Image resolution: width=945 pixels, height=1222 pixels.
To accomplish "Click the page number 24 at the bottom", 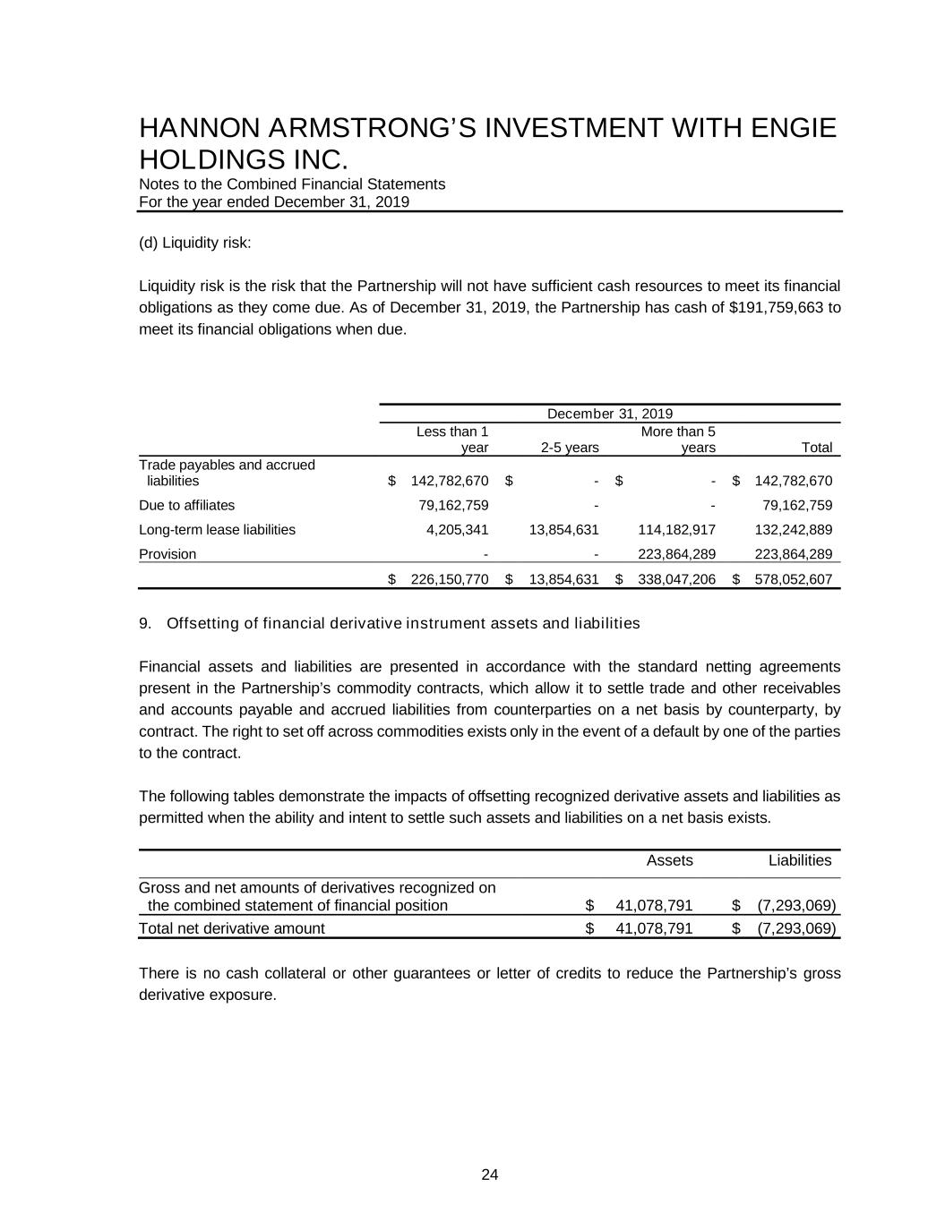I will [x=490, y=1175].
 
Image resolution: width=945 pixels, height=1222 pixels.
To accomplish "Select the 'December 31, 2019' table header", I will [x=609, y=414].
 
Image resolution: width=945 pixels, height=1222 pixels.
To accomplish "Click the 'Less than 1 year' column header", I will [x=452, y=440].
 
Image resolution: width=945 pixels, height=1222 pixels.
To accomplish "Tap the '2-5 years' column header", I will [x=570, y=448].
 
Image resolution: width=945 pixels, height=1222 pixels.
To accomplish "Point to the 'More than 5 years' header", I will [x=678, y=440].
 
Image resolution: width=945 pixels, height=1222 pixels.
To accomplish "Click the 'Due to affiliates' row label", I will [x=186, y=505].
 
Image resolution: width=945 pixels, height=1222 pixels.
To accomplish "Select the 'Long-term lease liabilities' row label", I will [x=217, y=530].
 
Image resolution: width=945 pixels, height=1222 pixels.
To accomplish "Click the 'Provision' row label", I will [x=168, y=554].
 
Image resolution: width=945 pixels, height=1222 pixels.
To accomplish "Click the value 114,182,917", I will [x=676, y=530].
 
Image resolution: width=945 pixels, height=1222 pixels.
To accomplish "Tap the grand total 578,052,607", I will [x=794, y=579].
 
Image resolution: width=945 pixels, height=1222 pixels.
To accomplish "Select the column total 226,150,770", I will [x=449, y=579].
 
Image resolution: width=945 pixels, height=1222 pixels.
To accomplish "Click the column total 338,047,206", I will [x=676, y=579].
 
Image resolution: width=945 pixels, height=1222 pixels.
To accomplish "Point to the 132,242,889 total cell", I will [x=794, y=530].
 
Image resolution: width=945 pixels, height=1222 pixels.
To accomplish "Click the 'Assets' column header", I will [x=669, y=860].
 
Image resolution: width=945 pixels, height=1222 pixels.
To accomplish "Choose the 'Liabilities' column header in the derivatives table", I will [x=800, y=860].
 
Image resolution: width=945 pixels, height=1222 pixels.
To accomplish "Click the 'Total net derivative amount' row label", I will [x=232, y=928].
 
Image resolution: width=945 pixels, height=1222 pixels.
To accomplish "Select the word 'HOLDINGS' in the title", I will [x=208, y=160].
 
